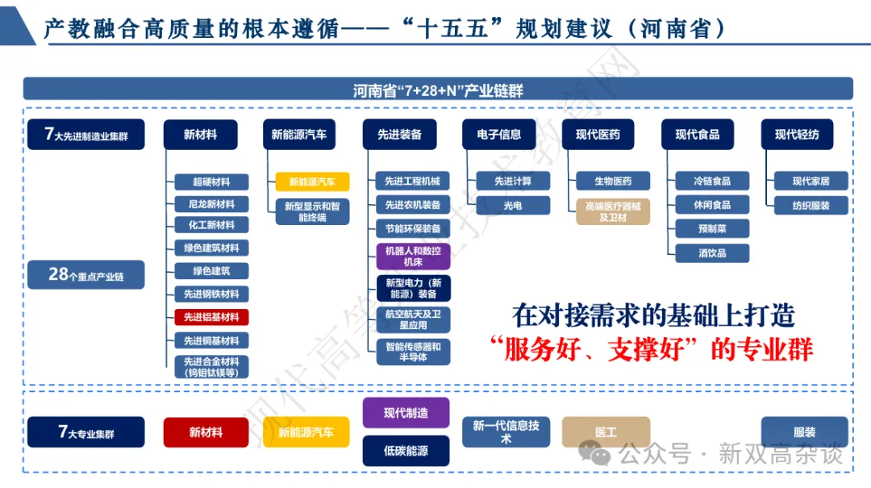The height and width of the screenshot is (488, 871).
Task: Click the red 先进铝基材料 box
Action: click(211, 317)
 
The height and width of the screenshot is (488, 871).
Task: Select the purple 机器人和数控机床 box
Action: click(413, 257)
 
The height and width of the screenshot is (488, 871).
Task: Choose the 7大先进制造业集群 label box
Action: click(85, 135)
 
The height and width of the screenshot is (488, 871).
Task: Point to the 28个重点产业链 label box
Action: click(85, 275)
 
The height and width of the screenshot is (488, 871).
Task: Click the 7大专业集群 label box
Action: click(85, 432)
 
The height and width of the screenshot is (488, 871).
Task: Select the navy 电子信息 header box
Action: click(498, 135)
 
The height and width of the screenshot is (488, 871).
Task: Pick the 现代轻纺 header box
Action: click(797, 135)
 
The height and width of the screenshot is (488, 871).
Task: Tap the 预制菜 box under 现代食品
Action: click(712, 228)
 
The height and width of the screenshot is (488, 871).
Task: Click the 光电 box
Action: click(512, 205)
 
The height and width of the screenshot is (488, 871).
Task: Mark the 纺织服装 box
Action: click(811, 205)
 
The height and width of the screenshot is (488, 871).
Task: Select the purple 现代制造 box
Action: click(406, 413)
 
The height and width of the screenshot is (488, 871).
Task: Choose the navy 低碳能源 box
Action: click(406, 451)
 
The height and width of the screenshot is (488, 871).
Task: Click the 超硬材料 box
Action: click(211, 181)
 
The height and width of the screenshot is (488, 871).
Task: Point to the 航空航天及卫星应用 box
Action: click(413, 319)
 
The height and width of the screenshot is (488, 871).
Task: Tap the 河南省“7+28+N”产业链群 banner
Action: click(437, 90)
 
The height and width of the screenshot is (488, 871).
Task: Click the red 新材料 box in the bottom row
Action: click(206, 432)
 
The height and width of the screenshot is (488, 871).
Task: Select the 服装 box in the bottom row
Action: click(804, 432)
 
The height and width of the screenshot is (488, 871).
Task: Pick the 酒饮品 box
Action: click(712, 252)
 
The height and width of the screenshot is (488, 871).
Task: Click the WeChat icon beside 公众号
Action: click(601, 456)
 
